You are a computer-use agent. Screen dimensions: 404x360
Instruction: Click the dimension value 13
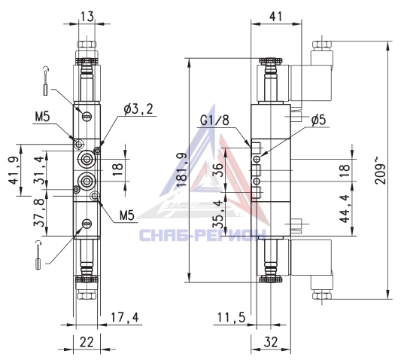click(87, 17)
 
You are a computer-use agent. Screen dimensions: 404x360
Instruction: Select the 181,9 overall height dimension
click(182, 169)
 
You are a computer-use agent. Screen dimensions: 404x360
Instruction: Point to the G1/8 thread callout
click(214, 121)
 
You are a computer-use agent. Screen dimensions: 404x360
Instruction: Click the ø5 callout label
click(318, 120)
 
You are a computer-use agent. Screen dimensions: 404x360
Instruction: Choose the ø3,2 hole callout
click(138, 109)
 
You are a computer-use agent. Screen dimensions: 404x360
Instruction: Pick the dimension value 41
click(275, 17)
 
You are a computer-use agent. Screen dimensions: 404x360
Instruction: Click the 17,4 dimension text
click(125, 317)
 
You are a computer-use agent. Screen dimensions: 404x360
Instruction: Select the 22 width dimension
click(87, 343)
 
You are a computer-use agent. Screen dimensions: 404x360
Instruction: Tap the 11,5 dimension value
click(232, 317)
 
